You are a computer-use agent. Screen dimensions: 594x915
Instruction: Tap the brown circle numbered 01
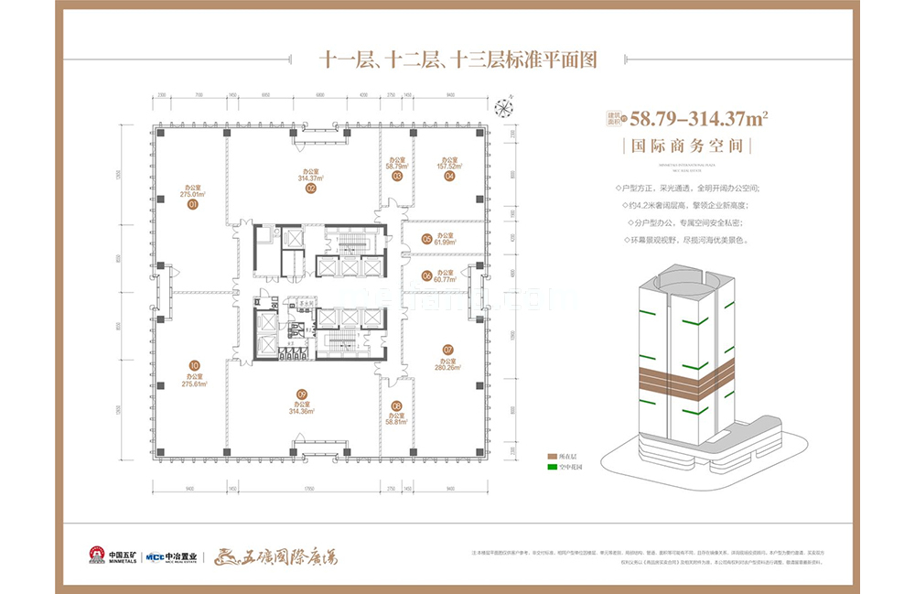point(193,206)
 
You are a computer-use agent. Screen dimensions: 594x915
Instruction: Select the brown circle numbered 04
point(449,178)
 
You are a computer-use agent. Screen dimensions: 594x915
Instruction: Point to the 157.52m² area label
point(448,167)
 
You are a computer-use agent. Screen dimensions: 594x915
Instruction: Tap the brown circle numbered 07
point(448,349)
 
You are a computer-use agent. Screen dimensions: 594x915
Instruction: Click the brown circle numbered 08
point(396,405)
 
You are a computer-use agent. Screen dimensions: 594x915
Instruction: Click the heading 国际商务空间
point(681,145)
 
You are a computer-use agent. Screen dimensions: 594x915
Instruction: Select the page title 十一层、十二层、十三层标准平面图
point(457,60)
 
